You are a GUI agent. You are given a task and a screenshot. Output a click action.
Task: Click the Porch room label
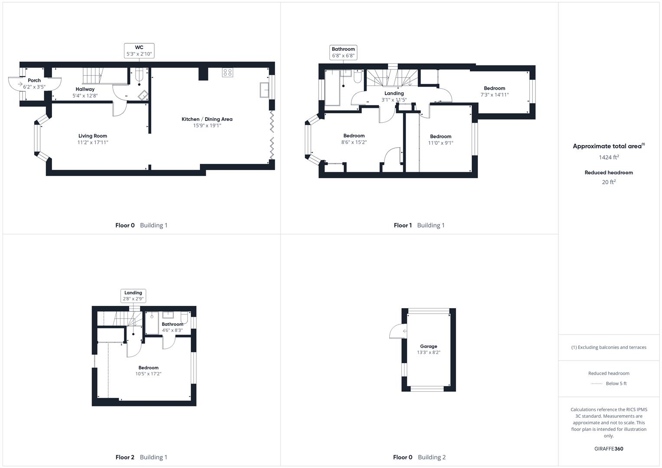[x=34, y=80]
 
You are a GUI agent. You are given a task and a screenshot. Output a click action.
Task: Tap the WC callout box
[x=139, y=51]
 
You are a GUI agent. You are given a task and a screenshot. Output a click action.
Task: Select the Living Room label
[x=93, y=136]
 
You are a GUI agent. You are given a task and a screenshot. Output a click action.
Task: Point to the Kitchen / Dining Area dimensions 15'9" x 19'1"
[x=207, y=126]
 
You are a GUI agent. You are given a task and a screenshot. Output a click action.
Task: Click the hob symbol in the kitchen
[x=228, y=72]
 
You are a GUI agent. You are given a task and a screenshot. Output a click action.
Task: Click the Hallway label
[x=85, y=89]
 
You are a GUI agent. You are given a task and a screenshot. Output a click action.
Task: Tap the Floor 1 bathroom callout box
[x=343, y=52]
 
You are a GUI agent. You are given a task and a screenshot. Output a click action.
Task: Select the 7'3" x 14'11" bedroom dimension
[x=494, y=94]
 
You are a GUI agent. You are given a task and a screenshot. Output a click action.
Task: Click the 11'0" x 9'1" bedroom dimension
[x=440, y=143]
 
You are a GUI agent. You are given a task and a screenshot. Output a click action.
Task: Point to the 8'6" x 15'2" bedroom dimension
[x=354, y=142]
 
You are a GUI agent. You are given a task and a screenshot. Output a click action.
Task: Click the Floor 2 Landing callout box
[x=133, y=296]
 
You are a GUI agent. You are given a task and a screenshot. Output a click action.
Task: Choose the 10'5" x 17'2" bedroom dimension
[x=148, y=374]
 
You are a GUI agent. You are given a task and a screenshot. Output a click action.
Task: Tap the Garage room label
[x=428, y=346]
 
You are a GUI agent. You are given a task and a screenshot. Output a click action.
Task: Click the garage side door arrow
[x=404, y=331]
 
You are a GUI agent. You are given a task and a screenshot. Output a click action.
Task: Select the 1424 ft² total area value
[x=609, y=157]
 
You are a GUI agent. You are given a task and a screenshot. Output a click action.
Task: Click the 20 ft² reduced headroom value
[x=609, y=182]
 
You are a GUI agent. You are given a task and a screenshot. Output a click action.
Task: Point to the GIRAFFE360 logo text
[x=609, y=448]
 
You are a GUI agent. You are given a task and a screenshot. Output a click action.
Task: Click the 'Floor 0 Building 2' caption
[x=419, y=457]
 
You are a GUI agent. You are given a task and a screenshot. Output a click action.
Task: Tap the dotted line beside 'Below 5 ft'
[x=597, y=383]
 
